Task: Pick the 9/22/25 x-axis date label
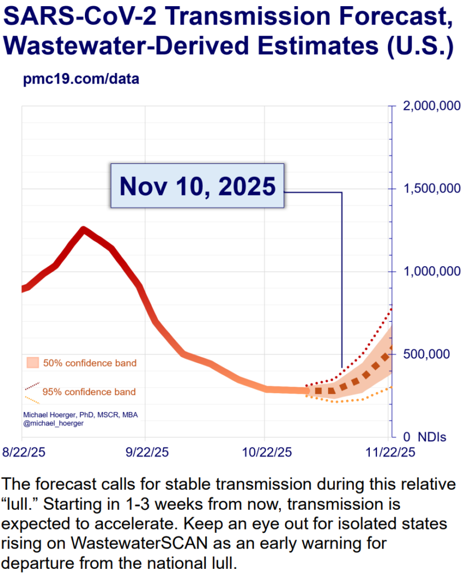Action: tap(146, 451)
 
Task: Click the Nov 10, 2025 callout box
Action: tap(197, 186)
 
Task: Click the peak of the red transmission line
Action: tap(84, 229)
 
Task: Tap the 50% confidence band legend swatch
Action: tap(32, 363)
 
